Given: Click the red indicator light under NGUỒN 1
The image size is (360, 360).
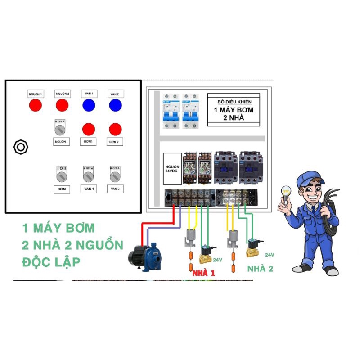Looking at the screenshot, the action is (35, 105).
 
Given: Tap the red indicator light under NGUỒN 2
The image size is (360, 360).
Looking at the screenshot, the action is (62, 105).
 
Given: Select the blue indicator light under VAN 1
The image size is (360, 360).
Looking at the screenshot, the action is (89, 105).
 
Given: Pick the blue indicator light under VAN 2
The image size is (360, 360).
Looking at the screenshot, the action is (116, 105).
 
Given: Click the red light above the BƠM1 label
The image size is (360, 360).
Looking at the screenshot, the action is (89, 129).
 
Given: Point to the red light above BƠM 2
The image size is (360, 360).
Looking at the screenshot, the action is (116, 129).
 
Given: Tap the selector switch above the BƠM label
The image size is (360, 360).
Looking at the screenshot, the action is (61, 175).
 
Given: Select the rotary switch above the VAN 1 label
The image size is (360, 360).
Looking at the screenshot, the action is (88, 175).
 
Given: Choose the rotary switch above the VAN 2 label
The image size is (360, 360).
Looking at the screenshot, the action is (115, 175).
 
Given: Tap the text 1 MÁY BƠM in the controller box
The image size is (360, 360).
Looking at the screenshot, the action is (233, 110).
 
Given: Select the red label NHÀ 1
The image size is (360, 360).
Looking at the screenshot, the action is (203, 273).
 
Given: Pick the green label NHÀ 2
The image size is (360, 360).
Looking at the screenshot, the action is (260, 269).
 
